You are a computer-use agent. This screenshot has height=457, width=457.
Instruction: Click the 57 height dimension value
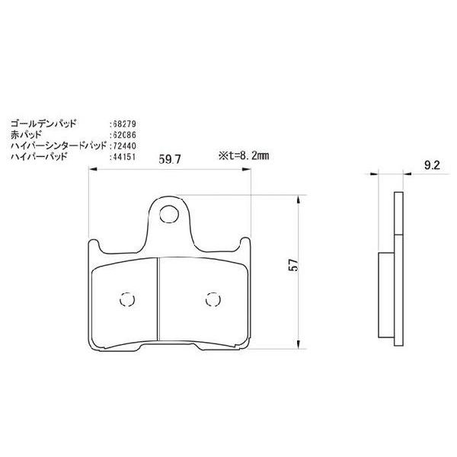click(x=302, y=266)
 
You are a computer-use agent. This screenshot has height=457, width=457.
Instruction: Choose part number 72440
click(x=123, y=145)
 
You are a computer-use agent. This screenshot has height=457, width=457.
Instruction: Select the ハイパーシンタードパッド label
click(x=56, y=145)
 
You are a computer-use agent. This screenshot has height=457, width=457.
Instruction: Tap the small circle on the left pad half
click(x=127, y=298)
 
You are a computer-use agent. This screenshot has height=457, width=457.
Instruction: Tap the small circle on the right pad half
click(x=210, y=298)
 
